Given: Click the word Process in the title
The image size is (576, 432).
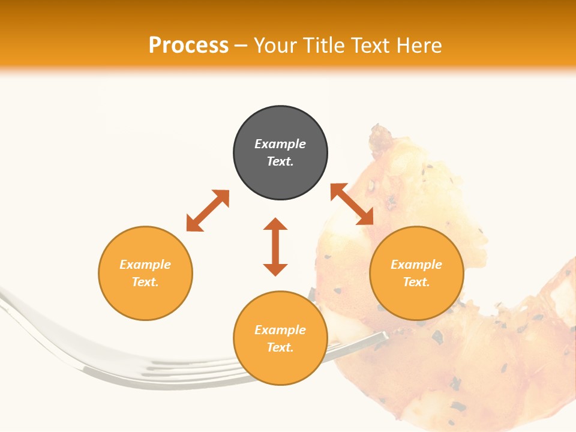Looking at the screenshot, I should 188,46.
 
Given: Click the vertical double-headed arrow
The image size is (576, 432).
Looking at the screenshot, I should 275,247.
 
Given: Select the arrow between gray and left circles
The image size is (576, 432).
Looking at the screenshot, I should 208,210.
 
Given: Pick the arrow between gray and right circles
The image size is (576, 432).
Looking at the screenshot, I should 352,204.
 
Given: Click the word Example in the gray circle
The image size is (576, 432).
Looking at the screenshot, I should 280,144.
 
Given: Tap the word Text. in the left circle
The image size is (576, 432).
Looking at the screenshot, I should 145,282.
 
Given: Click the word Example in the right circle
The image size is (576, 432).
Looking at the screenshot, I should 416,265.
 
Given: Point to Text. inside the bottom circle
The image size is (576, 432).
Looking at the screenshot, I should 280,347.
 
